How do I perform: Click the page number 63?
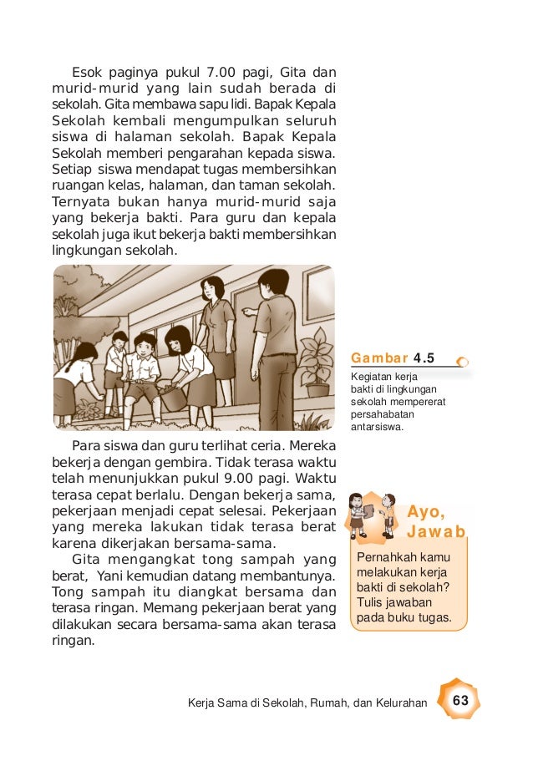click(459, 699)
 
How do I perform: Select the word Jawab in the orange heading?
click(435, 532)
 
